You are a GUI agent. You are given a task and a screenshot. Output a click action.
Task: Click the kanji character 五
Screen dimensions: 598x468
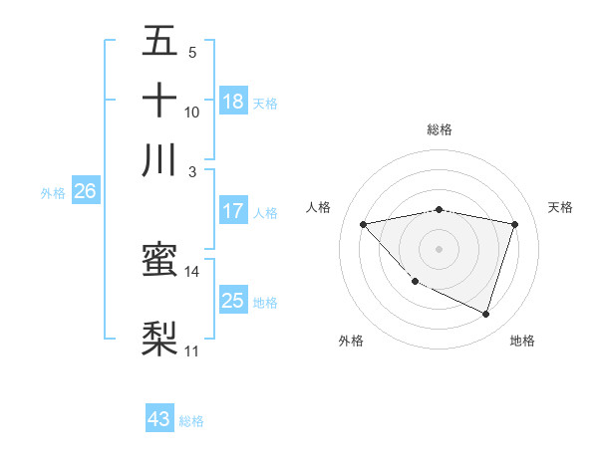(x=159, y=41)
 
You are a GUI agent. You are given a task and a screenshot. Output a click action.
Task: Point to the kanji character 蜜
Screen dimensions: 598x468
(x=159, y=260)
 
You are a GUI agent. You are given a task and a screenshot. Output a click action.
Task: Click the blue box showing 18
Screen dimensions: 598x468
(x=233, y=101)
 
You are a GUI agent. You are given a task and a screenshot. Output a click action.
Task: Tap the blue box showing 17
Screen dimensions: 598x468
(x=233, y=211)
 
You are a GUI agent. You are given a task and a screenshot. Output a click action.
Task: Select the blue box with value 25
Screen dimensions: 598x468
(x=233, y=301)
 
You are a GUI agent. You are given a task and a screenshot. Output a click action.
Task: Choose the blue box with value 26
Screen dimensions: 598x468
(x=85, y=192)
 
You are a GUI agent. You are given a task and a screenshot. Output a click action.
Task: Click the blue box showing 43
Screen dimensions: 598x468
(x=159, y=419)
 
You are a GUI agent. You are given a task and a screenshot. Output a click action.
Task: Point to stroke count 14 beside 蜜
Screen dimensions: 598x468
(x=192, y=271)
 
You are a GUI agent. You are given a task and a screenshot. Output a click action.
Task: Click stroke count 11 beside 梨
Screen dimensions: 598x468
(x=192, y=351)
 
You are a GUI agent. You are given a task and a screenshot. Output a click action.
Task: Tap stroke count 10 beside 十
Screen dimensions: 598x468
(x=192, y=112)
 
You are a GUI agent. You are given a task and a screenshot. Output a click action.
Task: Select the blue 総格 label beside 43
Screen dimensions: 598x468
(x=192, y=421)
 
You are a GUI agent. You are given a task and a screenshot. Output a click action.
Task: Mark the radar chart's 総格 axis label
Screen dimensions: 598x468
(x=439, y=129)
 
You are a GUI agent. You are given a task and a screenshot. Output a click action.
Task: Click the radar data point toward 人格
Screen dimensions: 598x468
(x=363, y=224)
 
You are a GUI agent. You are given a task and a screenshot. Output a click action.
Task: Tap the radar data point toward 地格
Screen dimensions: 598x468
(x=485, y=314)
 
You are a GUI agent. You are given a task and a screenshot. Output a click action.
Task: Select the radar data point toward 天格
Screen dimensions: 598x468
(x=514, y=224)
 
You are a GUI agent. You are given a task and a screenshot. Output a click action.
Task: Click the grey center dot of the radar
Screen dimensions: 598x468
(x=439, y=248)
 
